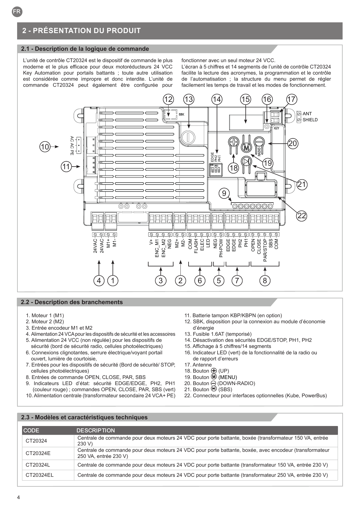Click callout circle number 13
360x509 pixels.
point(189,99)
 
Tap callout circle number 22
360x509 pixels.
point(302,216)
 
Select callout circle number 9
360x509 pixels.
point(224,193)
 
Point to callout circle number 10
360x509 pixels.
point(45,147)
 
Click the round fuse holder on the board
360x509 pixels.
point(189,137)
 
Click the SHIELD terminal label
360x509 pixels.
point(310,120)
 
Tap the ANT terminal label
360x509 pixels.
point(307,113)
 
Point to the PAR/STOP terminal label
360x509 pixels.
point(265,250)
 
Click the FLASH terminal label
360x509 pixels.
point(196,246)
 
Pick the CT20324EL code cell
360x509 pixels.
point(39,475)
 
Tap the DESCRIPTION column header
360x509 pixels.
point(96,430)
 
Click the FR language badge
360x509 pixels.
point(17,12)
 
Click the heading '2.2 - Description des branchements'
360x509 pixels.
point(72,302)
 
